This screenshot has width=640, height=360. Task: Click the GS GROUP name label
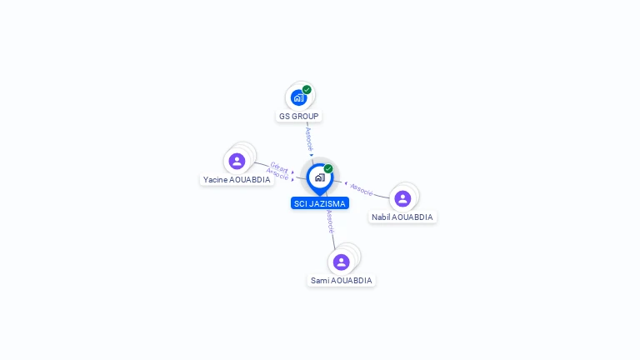click(299, 117)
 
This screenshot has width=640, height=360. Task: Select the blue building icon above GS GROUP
click(299, 98)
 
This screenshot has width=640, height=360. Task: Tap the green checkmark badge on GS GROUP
click(307, 90)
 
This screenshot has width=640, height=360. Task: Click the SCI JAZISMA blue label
click(320, 203)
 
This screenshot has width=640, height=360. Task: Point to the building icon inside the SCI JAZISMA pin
click(320, 177)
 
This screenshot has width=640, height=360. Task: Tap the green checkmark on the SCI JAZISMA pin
click(328, 168)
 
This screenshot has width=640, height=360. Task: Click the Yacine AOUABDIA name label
click(237, 180)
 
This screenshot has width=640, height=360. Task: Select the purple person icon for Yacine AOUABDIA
click(237, 161)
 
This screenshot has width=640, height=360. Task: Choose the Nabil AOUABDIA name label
click(402, 217)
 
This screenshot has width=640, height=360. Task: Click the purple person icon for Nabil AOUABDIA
click(402, 199)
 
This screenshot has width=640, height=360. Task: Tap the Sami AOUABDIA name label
click(341, 280)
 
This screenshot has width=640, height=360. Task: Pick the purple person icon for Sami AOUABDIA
click(341, 262)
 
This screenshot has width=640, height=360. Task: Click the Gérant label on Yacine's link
click(279, 167)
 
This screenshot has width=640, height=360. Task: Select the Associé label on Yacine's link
click(277, 174)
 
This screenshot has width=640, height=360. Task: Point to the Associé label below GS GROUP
click(309, 139)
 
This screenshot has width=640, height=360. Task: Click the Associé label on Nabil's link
click(362, 189)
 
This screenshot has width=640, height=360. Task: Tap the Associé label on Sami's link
click(330, 222)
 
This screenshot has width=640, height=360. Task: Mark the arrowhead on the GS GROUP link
click(312, 155)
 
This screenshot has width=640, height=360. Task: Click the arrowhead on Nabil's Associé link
click(346, 183)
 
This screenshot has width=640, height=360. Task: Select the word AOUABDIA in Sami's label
click(352, 280)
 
